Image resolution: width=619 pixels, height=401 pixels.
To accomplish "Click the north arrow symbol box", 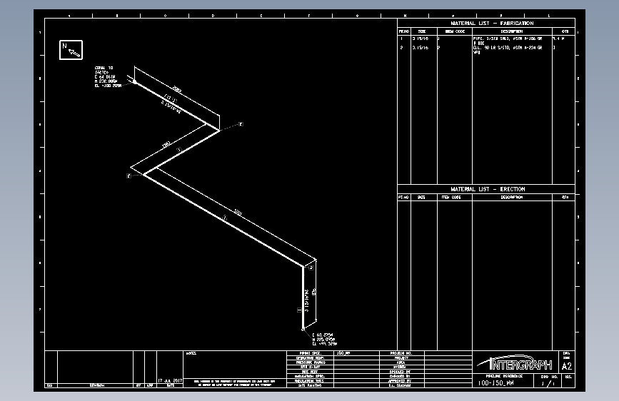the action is click(69, 50).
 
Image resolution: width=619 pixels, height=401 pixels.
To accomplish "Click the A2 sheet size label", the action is click(567, 365).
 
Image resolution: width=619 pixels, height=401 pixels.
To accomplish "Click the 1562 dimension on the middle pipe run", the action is click(166, 145).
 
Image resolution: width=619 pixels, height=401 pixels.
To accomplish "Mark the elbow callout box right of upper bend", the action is click(241, 124).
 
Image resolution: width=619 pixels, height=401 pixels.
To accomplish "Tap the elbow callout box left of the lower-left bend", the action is click(129, 175).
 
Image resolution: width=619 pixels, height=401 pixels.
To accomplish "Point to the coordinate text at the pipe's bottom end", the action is click(324, 339).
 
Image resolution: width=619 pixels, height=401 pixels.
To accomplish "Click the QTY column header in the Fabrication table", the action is click(564, 31).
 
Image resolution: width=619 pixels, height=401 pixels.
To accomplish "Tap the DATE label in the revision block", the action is click(170, 385).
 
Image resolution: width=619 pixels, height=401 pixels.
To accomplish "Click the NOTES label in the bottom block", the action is click(191, 353).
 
